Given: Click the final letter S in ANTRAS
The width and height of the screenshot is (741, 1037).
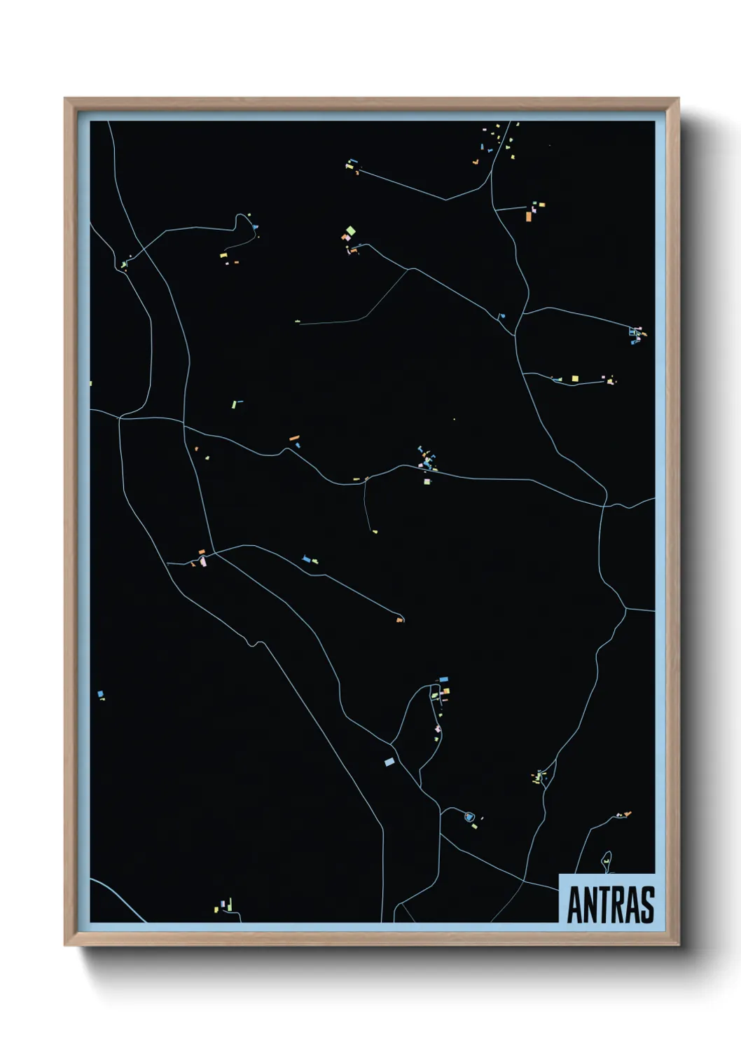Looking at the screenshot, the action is pos(647,905).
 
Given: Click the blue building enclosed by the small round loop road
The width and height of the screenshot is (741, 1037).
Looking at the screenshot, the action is pos(469,817).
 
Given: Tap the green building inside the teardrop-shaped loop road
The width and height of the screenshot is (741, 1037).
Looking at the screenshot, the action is pos(606,862).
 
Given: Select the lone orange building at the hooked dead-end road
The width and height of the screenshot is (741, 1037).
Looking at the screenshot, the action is pos(399,620).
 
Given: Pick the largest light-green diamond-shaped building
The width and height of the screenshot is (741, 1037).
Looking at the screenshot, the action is pos(350,231).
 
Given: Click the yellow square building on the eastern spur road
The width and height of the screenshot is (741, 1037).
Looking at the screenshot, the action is pos(575,379).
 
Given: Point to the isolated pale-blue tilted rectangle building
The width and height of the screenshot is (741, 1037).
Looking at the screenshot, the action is pos(389,762).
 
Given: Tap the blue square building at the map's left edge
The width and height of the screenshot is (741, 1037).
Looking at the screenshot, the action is pos(100,694).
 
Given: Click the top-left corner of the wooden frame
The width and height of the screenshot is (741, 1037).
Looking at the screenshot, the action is pos(66,99).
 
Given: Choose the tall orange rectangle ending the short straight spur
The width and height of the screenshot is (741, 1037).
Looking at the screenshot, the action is pos(529,217).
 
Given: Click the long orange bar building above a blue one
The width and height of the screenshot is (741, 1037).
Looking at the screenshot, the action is pos(294,438).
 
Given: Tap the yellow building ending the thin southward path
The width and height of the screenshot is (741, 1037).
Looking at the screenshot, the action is pos(375,532).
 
